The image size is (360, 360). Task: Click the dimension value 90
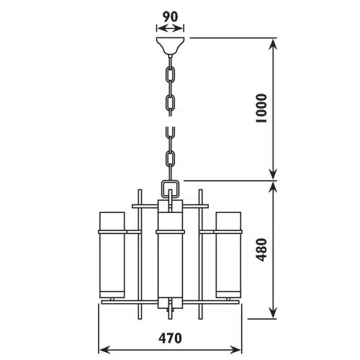point(171,17)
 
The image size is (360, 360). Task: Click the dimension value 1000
point(261,109)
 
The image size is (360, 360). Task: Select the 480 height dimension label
point(261,250)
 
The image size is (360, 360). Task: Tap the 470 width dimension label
point(170,338)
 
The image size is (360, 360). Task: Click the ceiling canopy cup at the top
point(170,45)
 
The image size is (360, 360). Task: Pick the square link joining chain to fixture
point(170,189)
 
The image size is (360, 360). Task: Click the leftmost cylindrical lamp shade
point(112,255)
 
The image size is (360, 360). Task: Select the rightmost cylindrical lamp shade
point(228,255)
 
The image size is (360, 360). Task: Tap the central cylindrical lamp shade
point(170,254)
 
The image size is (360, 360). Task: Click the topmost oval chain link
point(171,74)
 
